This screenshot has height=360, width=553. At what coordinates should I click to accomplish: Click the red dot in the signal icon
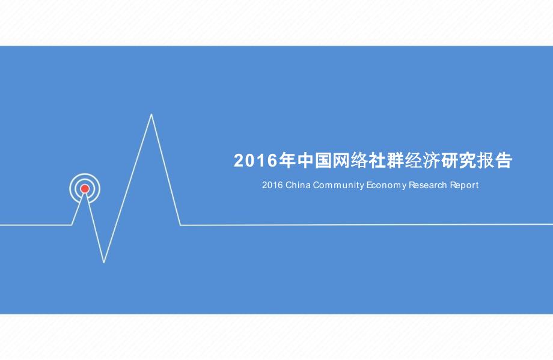85,189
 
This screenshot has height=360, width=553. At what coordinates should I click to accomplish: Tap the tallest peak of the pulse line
151,114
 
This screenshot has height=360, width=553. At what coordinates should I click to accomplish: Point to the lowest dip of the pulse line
103,262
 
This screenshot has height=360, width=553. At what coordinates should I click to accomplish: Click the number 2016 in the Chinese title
255,161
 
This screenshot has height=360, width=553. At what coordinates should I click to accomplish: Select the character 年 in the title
287,161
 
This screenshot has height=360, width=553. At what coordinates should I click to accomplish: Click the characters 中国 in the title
314,161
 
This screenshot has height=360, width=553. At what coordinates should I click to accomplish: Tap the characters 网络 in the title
350,161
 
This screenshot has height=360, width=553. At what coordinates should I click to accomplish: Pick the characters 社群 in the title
386,161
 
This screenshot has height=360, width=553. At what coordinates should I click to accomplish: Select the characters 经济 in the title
423,161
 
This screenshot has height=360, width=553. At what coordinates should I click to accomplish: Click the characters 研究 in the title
459,161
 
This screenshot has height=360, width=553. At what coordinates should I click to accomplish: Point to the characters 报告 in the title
495,161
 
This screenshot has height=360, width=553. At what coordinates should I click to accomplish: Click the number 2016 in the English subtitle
272,185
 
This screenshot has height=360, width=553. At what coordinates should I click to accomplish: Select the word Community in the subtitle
338,186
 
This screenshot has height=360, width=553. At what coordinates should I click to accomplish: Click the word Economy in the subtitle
386,186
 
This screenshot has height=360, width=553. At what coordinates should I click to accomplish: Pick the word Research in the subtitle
428,185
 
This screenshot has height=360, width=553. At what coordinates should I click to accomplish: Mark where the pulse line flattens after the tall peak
180,225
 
